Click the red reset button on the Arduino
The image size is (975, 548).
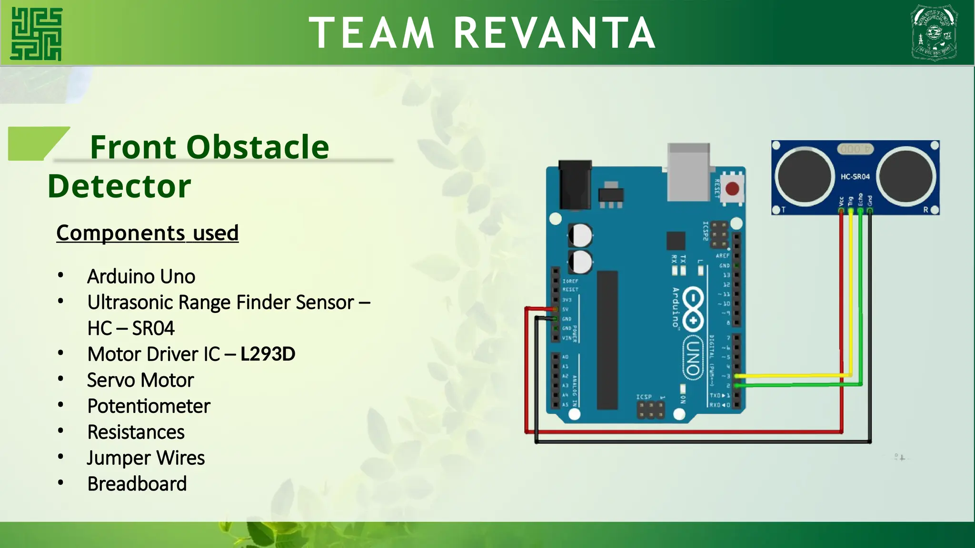[x=732, y=189]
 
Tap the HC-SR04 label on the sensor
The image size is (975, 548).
[x=855, y=176]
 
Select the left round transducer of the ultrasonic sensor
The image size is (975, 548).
[x=804, y=176]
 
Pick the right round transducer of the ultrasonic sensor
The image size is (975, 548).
[x=906, y=176]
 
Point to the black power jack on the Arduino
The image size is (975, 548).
[x=575, y=185]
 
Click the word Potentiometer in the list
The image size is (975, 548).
[x=149, y=406]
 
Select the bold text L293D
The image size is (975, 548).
[x=268, y=354]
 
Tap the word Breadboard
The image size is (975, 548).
[x=137, y=484]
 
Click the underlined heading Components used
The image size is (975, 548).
[x=147, y=233]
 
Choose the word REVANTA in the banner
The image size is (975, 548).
[x=554, y=33]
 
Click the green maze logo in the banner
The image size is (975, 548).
[x=36, y=34]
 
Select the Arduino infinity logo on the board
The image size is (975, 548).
[x=693, y=309]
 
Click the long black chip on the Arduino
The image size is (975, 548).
[x=607, y=340]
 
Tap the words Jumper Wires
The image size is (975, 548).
[x=146, y=458]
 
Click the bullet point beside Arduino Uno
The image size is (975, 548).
[x=60, y=275]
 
